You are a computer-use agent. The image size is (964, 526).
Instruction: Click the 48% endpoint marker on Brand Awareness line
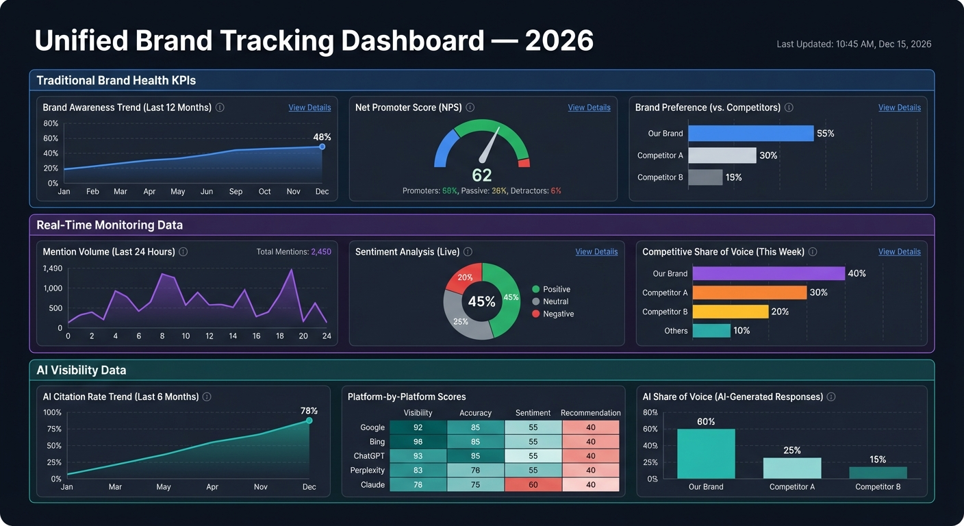pos(322,147)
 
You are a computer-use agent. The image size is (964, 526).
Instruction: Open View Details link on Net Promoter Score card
pos(589,108)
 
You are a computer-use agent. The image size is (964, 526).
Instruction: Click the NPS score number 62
pos(482,175)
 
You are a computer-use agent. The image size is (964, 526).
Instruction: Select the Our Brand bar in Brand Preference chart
pos(750,134)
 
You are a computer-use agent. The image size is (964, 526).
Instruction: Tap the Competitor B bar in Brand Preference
pos(705,177)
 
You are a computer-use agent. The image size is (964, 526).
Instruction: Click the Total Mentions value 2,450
pos(320,252)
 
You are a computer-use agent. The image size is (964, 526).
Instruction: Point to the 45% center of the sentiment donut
pos(481,301)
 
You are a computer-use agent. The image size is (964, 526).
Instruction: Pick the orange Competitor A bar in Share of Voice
pos(749,292)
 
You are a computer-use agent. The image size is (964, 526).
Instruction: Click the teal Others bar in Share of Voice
pos(711,331)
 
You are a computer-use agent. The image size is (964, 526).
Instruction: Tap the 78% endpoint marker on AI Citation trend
pos(309,421)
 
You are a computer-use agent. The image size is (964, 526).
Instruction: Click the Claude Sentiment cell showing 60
pos(533,485)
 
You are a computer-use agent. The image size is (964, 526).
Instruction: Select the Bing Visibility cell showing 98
pos(418,442)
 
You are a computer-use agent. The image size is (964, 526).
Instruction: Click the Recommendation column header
pos(590,413)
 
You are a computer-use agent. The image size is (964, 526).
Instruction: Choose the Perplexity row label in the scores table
pos(368,471)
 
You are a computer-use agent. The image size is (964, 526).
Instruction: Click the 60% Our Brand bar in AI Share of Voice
pos(706,453)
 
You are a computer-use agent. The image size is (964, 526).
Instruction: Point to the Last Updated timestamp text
pos(853,44)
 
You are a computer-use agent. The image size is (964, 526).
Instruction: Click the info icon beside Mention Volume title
pos(183,252)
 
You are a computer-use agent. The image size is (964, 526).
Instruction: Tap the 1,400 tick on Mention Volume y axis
pos(53,268)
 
